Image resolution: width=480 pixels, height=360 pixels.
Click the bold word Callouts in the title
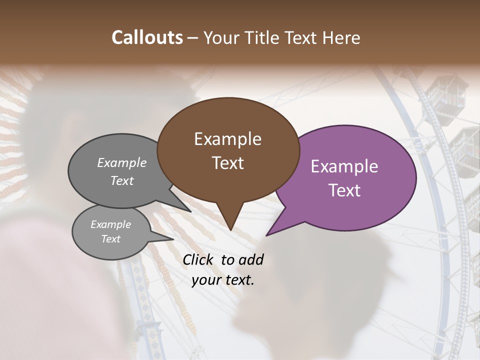(x=147, y=37)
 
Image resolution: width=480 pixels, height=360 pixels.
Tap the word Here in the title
(x=341, y=37)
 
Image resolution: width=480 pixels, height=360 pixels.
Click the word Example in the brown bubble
(x=227, y=139)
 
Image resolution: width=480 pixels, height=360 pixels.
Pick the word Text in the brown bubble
(x=227, y=163)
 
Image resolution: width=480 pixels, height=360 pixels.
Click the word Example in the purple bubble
(x=344, y=166)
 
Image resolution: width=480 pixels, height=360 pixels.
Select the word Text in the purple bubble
(x=344, y=190)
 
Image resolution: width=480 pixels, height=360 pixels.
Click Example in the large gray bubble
(x=122, y=163)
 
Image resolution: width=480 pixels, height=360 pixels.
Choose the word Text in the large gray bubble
(x=122, y=181)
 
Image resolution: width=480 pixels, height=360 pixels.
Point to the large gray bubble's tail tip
(x=190, y=211)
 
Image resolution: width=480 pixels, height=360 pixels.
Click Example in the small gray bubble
(x=110, y=224)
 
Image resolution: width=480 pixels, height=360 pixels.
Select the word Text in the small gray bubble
(x=110, y=239)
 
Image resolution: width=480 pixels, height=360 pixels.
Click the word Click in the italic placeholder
(x=199, y=259)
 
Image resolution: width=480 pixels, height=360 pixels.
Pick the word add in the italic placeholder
(x=251, y=259)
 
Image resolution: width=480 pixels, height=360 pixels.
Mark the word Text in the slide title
(x=301, y=37)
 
